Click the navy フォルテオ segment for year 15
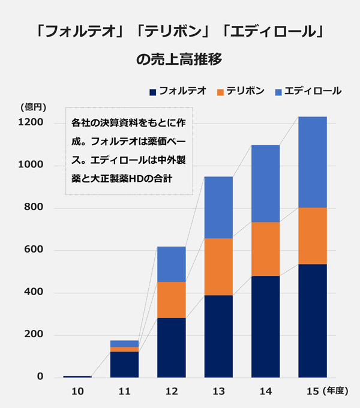[313, 320]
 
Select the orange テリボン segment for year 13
[218, 266]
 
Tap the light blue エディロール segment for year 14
[265, 184]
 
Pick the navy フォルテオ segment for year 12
[171, 347]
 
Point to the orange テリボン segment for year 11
[124, 349]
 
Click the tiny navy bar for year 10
[77, 376]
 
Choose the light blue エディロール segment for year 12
[171, 264]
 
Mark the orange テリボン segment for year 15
[313, 235]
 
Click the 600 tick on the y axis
[34, 250]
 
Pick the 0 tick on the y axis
[40, 377]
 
